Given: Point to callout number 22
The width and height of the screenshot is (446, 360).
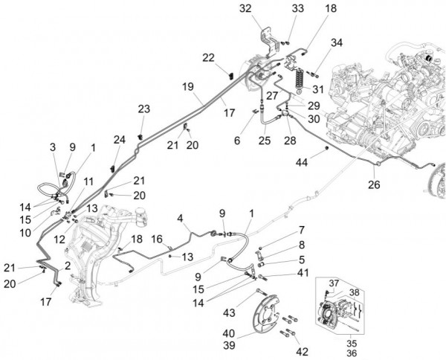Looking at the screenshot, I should coord(209,57).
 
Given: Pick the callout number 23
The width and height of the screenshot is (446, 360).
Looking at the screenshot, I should coord(144,109).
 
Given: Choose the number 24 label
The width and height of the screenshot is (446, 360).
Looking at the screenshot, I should coord(120,139).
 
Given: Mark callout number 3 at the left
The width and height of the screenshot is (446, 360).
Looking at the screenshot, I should coord(54,146).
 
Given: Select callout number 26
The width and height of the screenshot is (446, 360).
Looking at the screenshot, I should coord(372,185).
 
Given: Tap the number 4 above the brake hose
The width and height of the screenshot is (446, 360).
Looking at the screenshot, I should coord(179,218).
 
